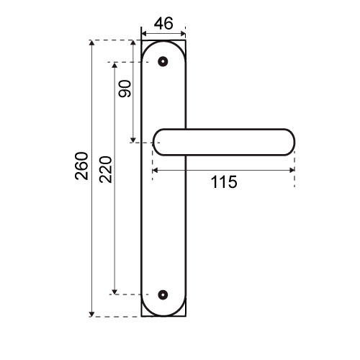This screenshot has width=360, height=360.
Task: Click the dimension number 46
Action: [x=163, y=24]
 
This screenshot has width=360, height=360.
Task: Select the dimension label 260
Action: [x=81, y=166]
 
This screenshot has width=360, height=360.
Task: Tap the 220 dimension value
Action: [x=106, y=169]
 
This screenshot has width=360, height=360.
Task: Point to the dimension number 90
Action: [x=125, y=89]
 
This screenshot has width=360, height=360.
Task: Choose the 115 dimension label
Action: [x=224, y=182]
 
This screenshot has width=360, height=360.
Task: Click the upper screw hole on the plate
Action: [x=163, y=61]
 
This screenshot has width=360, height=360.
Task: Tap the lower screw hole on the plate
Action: [x=163, y=294]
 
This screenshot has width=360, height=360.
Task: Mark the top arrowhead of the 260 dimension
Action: [x=91, y=42]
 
